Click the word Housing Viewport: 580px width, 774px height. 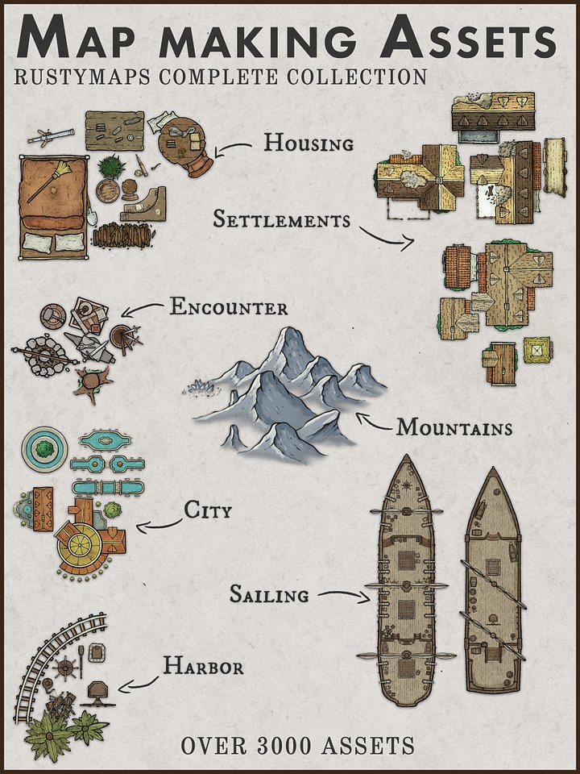309,144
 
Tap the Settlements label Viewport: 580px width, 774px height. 281,218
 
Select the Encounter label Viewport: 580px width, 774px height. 228,307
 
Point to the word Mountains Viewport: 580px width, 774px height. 454,427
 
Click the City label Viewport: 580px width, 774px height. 208,510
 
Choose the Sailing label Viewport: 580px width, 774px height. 269,595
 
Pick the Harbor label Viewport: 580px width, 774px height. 203,666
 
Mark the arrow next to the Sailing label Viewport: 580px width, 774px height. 342,597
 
